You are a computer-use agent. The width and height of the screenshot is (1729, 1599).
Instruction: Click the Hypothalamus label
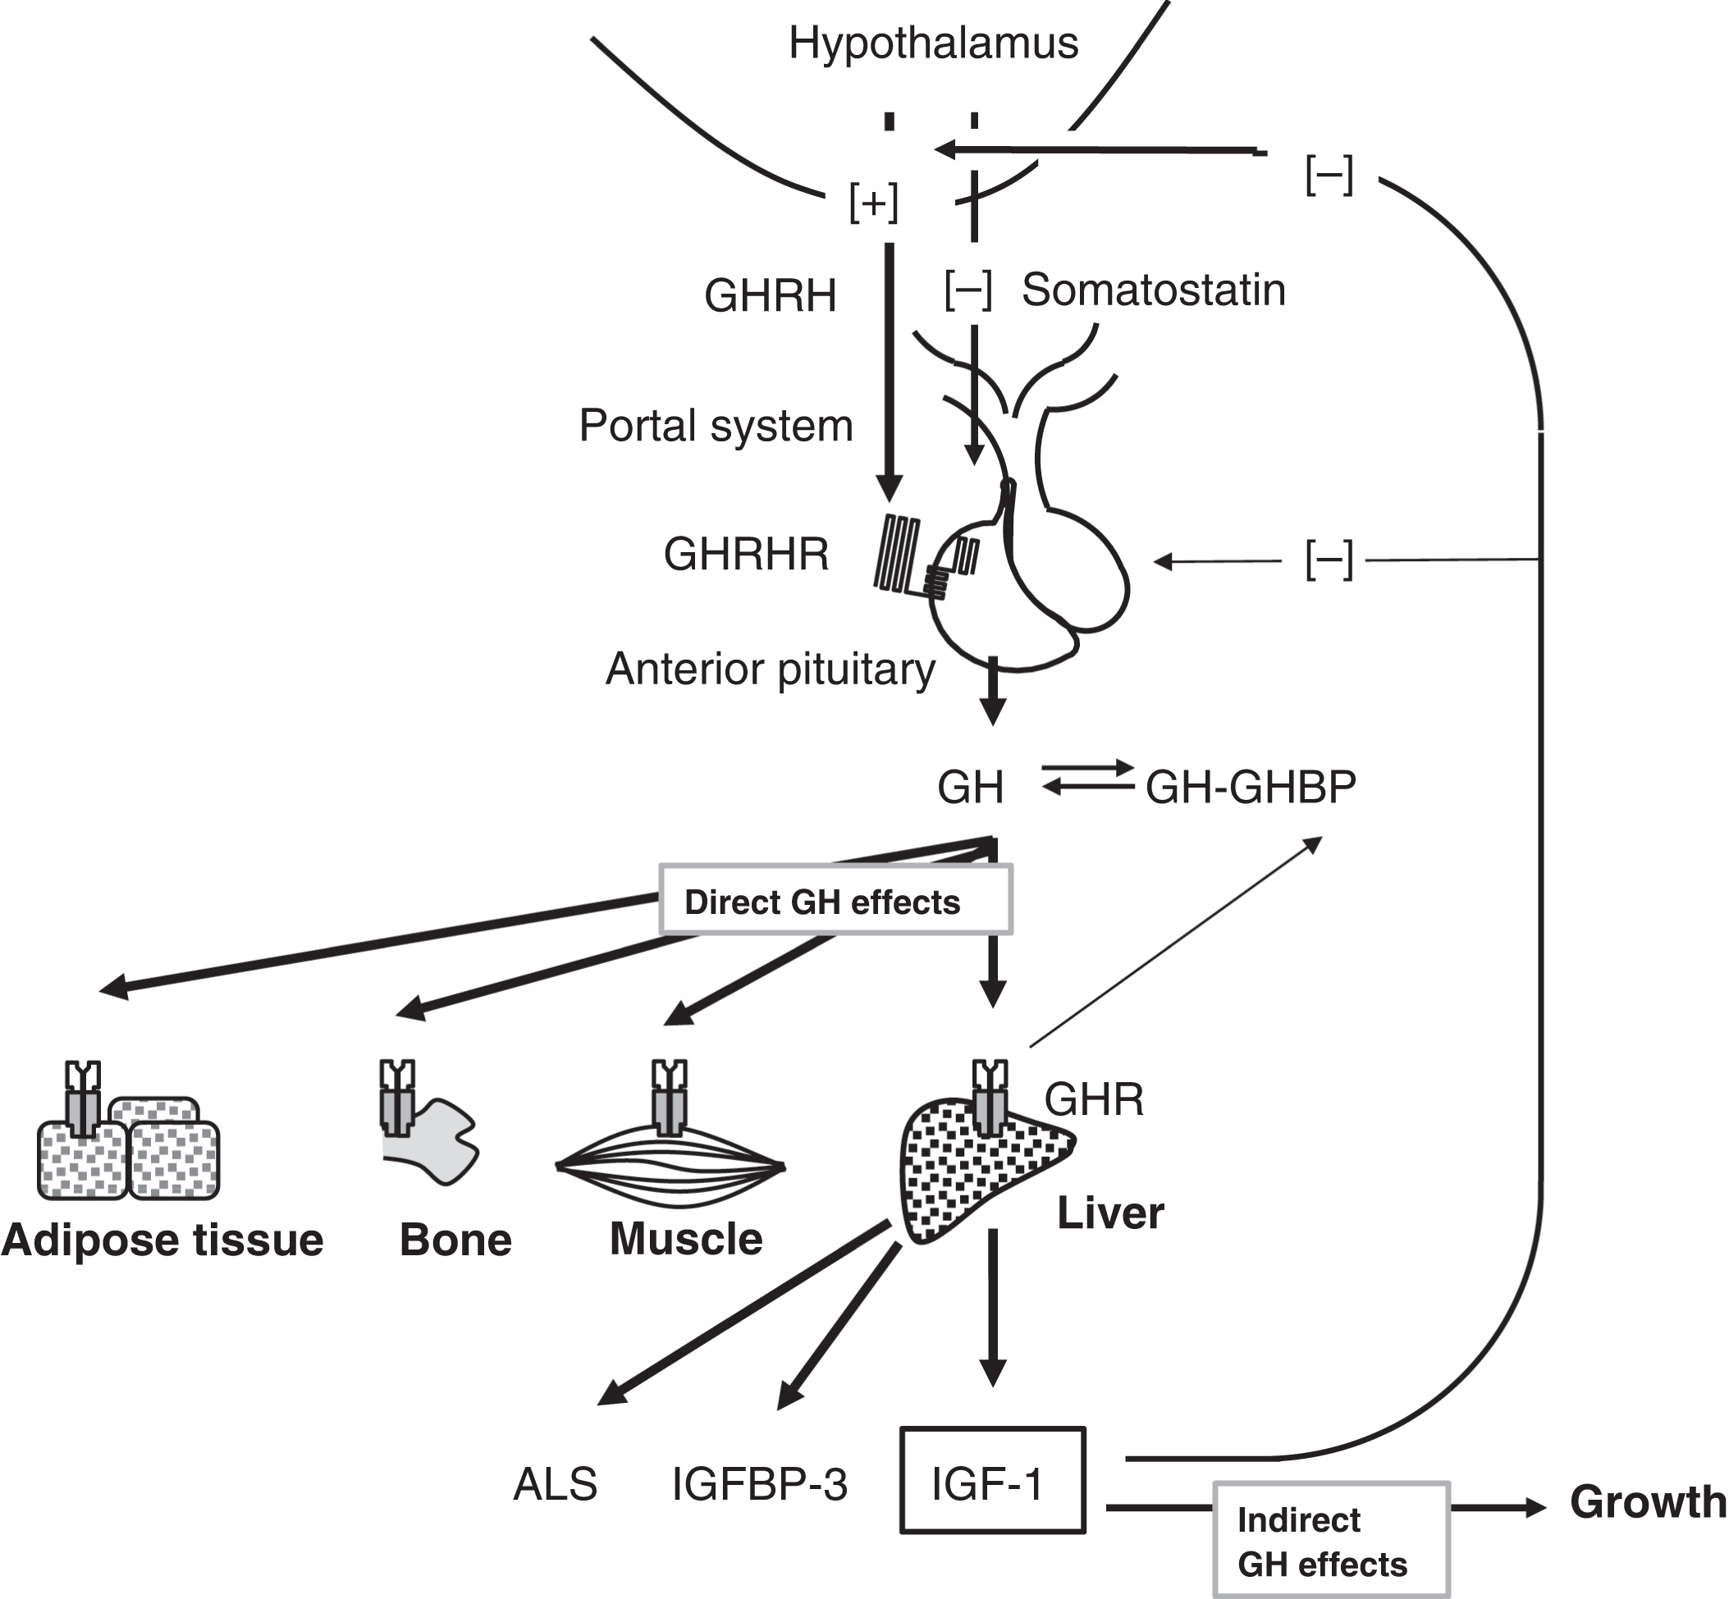tap(933, 43)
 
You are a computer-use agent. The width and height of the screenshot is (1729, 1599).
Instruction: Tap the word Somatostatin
tap(1153, 290)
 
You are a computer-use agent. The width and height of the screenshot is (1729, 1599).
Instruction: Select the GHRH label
tap(771, 296)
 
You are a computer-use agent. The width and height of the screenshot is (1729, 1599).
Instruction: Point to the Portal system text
tap(716, 426)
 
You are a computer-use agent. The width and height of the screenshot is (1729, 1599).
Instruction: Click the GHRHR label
tap(746, 554)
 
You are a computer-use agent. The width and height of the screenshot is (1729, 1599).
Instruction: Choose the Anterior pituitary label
tap(771, 669)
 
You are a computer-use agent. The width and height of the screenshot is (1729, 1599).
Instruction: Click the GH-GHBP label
tap(1251, 788)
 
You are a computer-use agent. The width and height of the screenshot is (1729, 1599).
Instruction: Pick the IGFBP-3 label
tap(759, 1485)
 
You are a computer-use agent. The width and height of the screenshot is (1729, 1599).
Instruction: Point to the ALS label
tap(555, 1485)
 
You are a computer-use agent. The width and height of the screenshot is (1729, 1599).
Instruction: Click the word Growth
tap(1648, 1501)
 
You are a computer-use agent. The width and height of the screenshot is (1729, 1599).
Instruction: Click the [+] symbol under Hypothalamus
tap(873, 203)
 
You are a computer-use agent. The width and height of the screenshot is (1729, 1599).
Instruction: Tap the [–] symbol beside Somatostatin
tap(967, 290)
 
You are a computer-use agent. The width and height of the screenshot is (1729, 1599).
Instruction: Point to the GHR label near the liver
tap(1094, 1099)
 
